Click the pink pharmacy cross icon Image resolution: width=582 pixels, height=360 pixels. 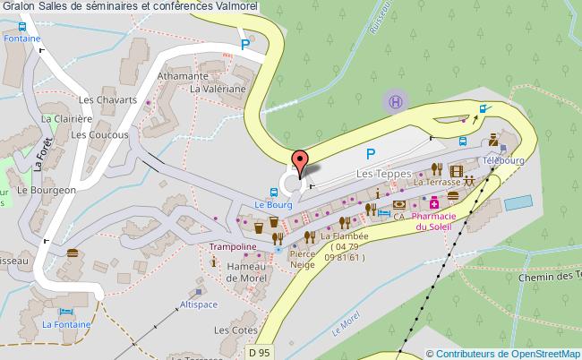click(x=433, y=204)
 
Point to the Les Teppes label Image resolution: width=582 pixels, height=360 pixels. click(x=382, y=172)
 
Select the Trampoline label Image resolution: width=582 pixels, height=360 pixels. click(x=234, y=245)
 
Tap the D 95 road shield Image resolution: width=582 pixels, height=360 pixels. click(x=259, y=353)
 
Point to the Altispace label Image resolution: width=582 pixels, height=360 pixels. click(x=199, y=304)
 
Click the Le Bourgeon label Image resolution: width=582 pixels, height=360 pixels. click(x=44, y=190)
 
